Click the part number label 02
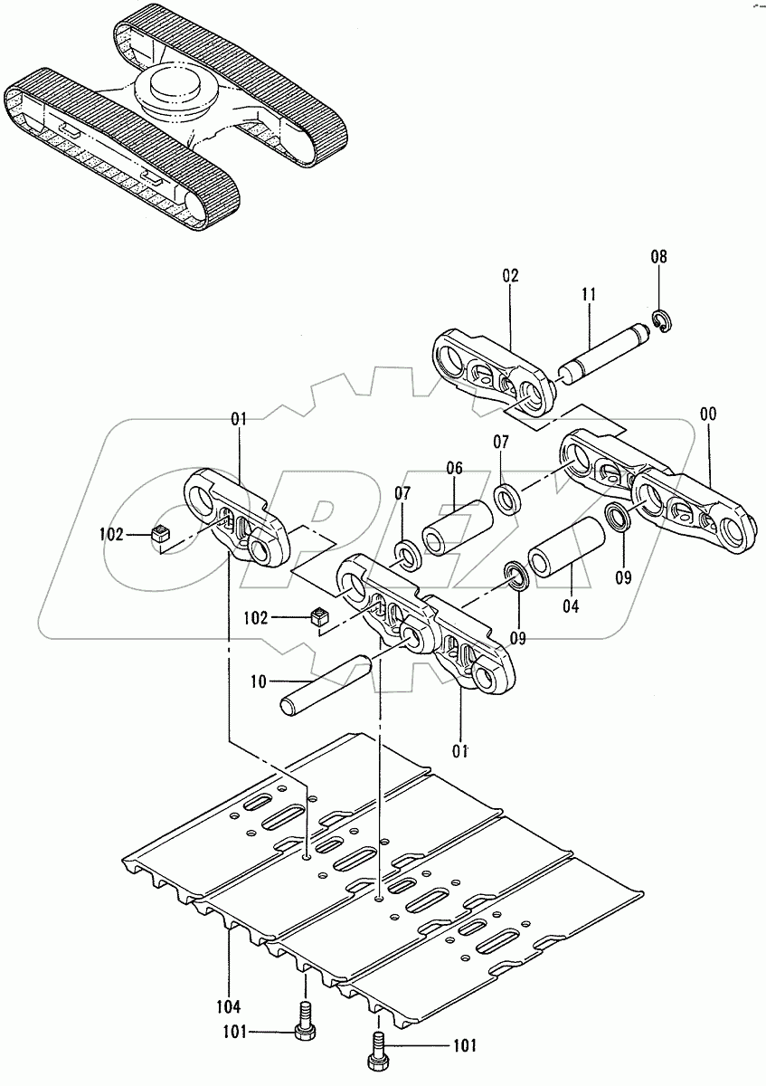tap(511, 276)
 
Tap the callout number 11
tap(589, 294)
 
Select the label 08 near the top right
tap(659, 257)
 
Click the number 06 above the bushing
tap(454, 468)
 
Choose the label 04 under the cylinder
tap(570, 606)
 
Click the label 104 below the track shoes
tap(228, 1006)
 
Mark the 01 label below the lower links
tap(460, 749)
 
